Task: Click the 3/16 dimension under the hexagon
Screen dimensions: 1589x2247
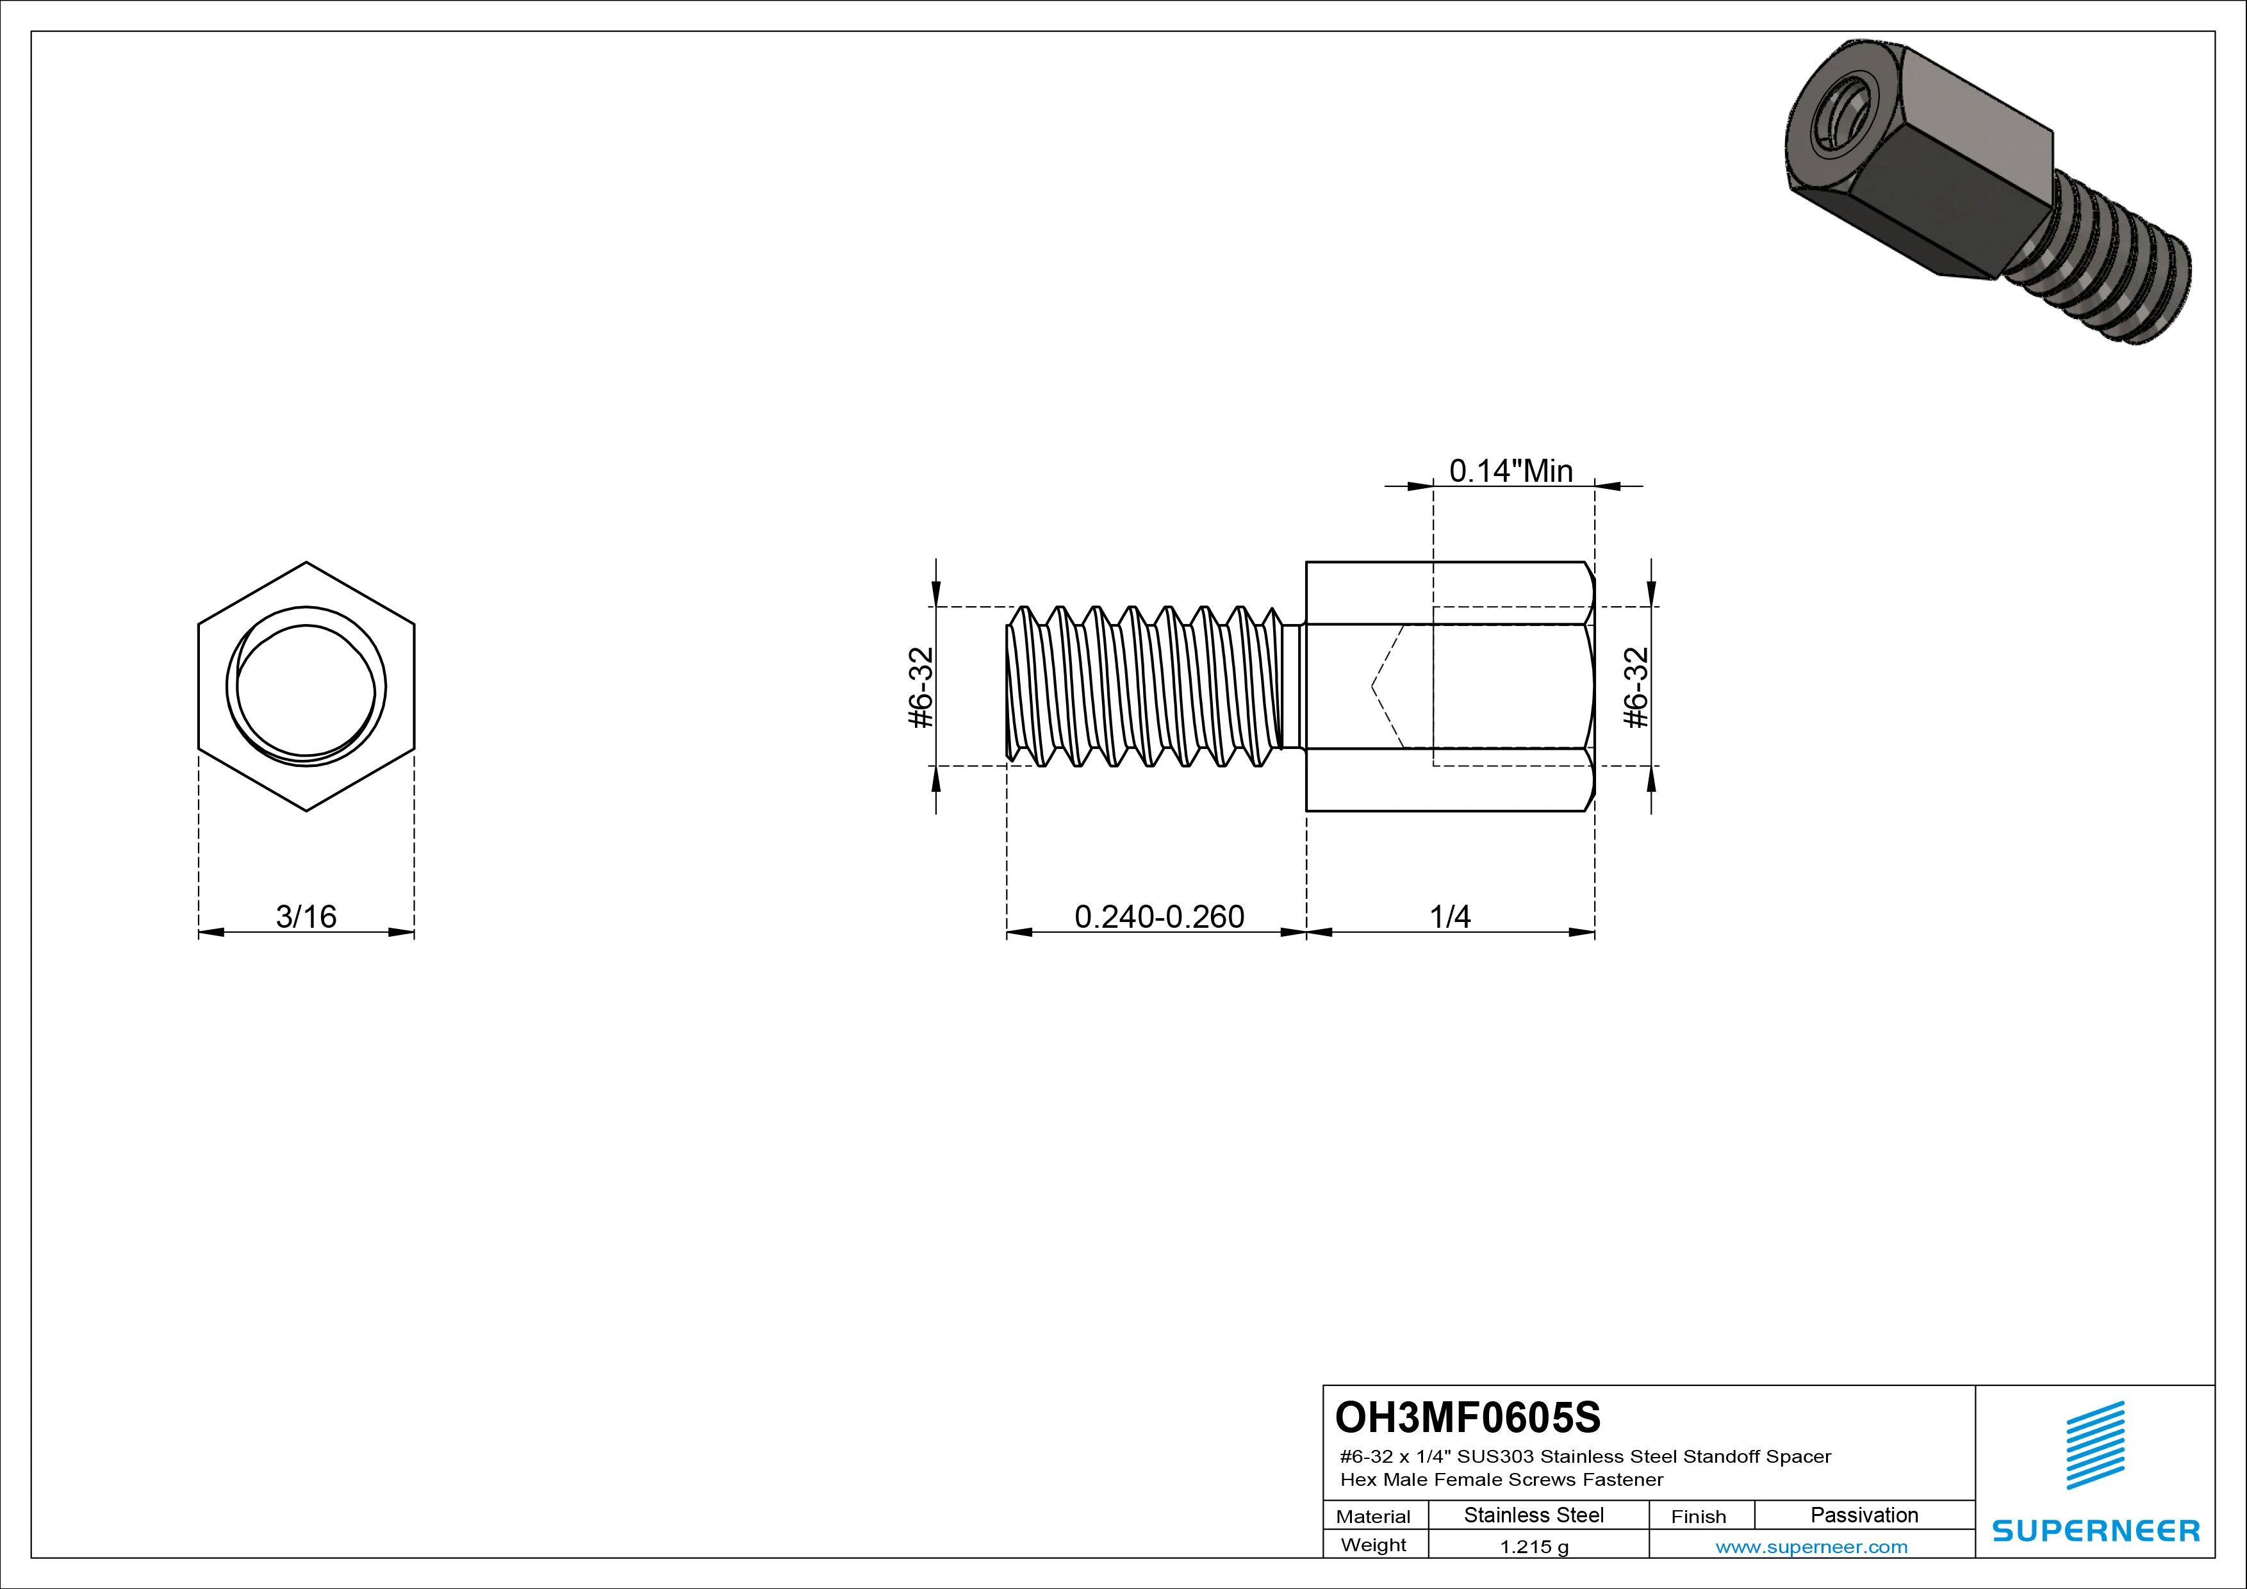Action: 306,917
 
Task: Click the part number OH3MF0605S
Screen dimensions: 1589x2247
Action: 1468,1417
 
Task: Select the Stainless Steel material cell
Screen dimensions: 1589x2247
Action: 1533,1515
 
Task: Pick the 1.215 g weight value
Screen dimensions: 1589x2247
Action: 1533,1547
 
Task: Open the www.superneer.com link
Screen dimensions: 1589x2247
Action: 1811,1547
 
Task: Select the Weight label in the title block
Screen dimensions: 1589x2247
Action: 1373,1545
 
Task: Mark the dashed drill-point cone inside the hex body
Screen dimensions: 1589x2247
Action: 1388,687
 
